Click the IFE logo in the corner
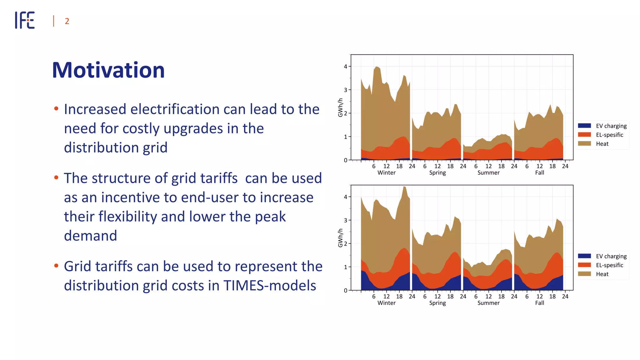point(25,20)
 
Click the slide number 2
point(67,21)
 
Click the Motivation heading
point(108,70)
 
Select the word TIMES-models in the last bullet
point(269,286)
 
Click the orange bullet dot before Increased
point(56,109)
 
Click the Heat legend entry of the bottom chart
point(602,274)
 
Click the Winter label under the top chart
point(386,173)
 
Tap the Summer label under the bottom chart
point(488,303)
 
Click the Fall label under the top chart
point(539,173)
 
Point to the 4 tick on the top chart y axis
point(345,67)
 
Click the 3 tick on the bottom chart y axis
point(345,220)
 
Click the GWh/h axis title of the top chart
point(340,108)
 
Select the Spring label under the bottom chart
point(437,303)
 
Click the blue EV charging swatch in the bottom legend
point(584,256)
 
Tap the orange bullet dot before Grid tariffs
point(56,266)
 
